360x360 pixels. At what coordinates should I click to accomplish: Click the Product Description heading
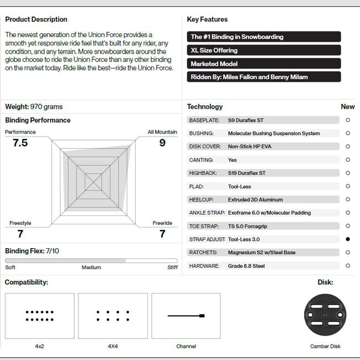pyautogui.click(x=36, y=19)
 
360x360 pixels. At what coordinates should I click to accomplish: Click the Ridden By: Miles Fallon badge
pyautogui.click(x=264, y=77)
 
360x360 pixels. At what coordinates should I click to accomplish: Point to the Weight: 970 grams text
pyautogui.click(x=34, y=107)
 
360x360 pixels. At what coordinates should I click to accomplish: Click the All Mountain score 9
pyautogui.click(x=162, y=143)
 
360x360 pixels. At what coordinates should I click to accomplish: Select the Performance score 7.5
pyautogui.click(x=20, y=143)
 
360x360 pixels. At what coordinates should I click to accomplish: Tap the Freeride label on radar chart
pyautogui.click(x=162, y=223)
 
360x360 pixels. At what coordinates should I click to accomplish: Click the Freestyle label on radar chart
pyautogui.click(x=20, y=223)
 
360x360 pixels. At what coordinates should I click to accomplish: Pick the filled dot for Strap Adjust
pyautogui.click(x=348, y=239)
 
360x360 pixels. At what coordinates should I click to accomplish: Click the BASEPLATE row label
pyautogui.click(x=204, y=120)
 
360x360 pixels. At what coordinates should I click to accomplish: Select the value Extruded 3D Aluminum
pyautogui.click(x=255, y=199)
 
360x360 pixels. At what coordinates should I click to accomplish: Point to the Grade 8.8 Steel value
pyautogui.click(x=246, y=266)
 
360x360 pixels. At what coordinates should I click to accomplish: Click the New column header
pyautogui.click(x=348, y=107)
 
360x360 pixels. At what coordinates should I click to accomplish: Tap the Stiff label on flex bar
pyautogui.click(x=172, y=268)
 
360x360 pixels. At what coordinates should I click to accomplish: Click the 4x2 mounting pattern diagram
pyautogui.click(x=39, y=316)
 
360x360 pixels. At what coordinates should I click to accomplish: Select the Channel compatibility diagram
pyautogui.click(x=186, y=316)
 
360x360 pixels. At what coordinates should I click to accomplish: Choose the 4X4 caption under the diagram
pyautogui.click(x=113, y=347)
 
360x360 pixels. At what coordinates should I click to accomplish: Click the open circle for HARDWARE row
pyautogui.click(x=348, y=266)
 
